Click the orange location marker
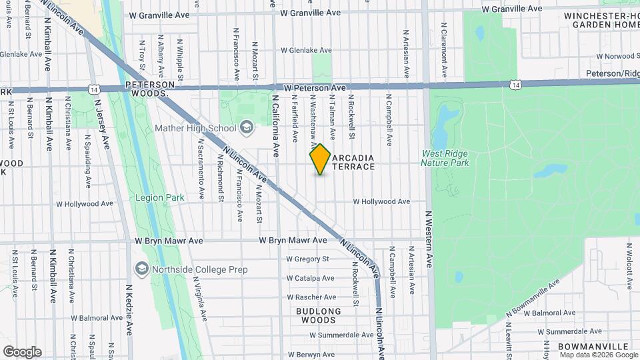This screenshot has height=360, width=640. tap(320, 159)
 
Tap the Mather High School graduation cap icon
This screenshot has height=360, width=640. tap(247, 127)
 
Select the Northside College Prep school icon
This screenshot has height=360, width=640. tap(141, 269)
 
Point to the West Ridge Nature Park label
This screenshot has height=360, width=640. tap(445, 158)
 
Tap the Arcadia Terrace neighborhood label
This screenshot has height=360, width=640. tap(353, 162)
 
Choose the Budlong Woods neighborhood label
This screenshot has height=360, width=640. tap(318, 315)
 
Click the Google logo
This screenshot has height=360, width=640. tap(22, 352)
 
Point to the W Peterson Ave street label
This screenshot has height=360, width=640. tap(314, 87)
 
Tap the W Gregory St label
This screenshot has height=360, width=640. tap(308, 259)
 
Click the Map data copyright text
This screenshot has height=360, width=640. tap(599, 355)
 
